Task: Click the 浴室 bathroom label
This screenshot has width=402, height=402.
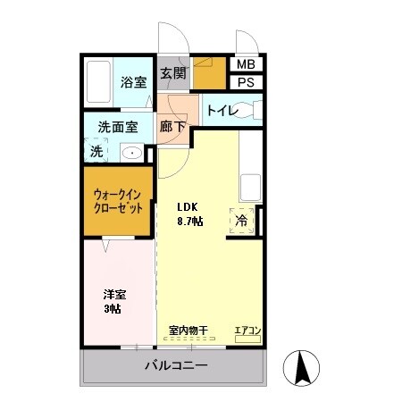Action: [x=133, y=82]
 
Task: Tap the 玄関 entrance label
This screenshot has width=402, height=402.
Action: [x=172, y=74]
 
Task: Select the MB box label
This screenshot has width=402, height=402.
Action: [x=244, y=64]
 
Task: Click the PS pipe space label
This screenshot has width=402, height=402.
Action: [x=244, y=83]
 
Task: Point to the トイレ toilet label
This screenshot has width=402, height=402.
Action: [x=221, y=110]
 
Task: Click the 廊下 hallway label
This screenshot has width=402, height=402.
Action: [x=172, y=127]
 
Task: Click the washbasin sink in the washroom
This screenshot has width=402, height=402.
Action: [x=131, y=153]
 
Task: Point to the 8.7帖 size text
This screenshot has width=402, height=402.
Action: [x=188, y=222]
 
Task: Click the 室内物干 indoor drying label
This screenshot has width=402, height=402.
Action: [x=188, y=331]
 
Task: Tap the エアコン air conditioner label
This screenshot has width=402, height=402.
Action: [x=247, y=331]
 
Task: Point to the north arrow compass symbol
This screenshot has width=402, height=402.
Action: [x=301, y=367]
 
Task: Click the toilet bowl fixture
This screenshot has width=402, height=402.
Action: [x=253, y=110]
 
